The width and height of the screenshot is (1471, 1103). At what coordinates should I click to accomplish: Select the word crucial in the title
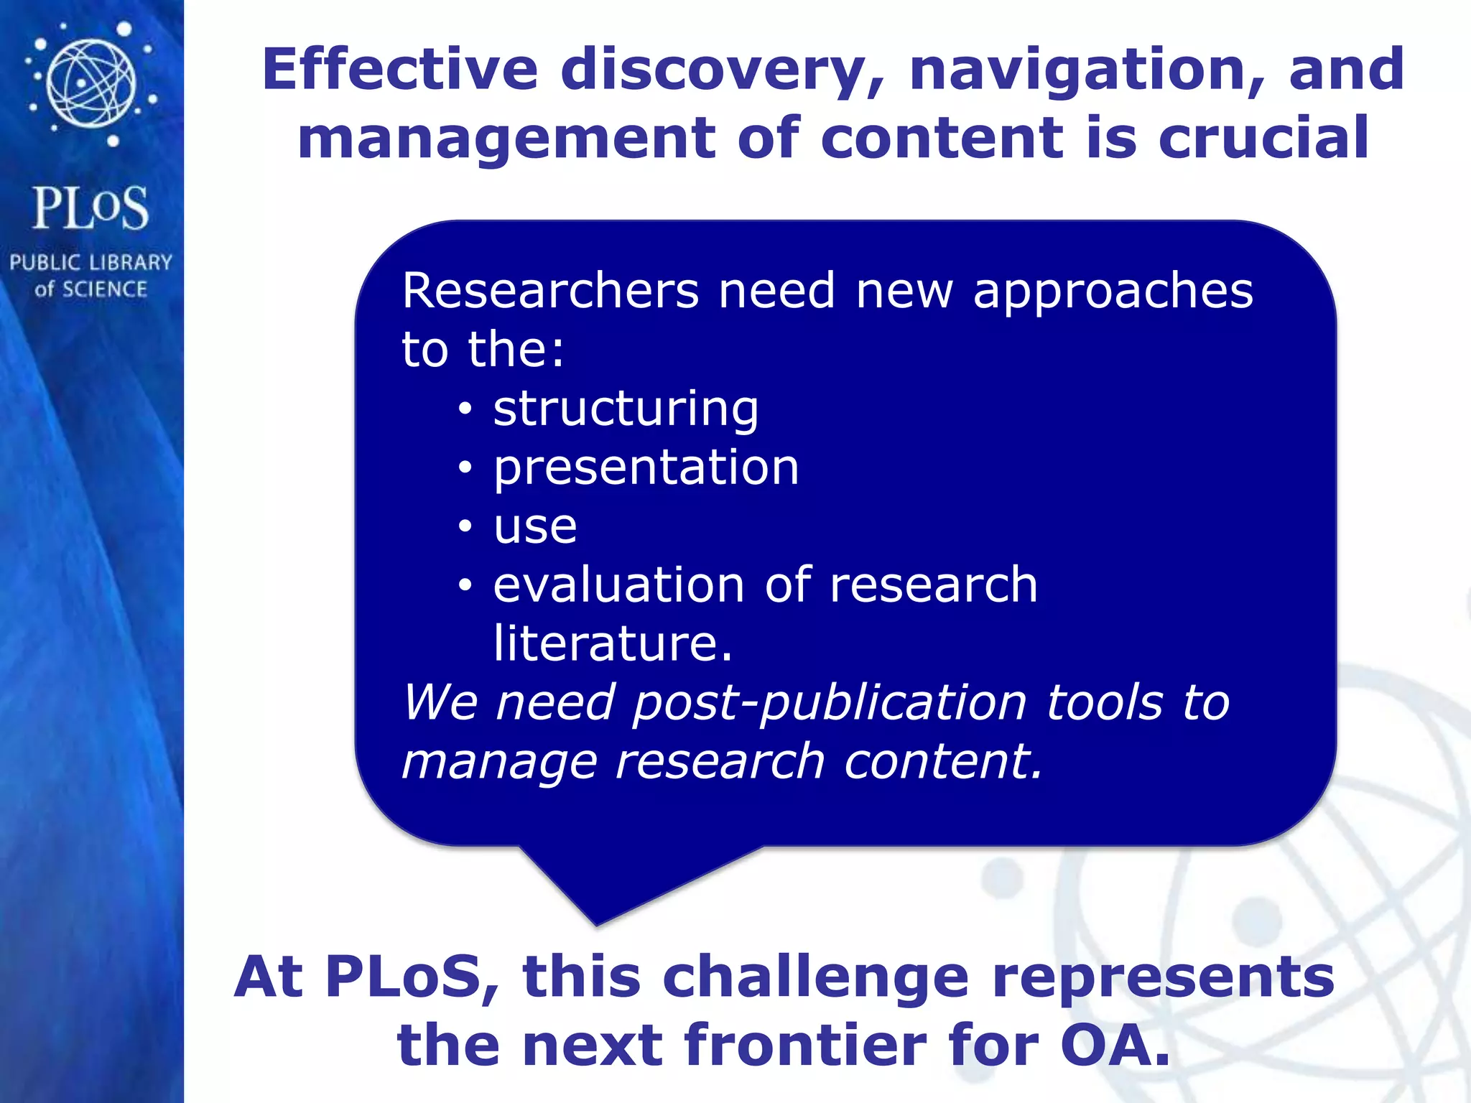[x=1263, y=138]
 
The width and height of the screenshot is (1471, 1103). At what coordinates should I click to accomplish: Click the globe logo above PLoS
[x=91, y=83]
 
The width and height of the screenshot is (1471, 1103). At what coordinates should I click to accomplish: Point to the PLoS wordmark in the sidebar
[x=91, y=208]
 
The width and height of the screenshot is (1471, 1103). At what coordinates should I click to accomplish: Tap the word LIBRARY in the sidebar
[x=130, y=262]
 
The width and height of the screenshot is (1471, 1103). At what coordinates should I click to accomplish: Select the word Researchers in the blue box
[x=550, y=291]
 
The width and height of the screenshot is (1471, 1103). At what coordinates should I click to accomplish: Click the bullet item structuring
[x=626, y=409]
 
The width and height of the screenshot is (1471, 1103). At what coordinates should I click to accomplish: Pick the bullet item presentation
[x=646, y=467]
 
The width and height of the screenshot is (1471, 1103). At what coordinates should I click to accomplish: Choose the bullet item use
[x=535, y=526]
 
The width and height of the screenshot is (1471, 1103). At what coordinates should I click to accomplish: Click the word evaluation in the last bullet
[x=618, y=585]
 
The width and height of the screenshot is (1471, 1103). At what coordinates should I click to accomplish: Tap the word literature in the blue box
[x=612, y=643]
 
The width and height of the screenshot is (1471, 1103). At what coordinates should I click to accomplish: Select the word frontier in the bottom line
[x=804, y=1045]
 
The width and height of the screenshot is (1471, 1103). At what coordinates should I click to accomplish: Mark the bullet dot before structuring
[x=465, y=409]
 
